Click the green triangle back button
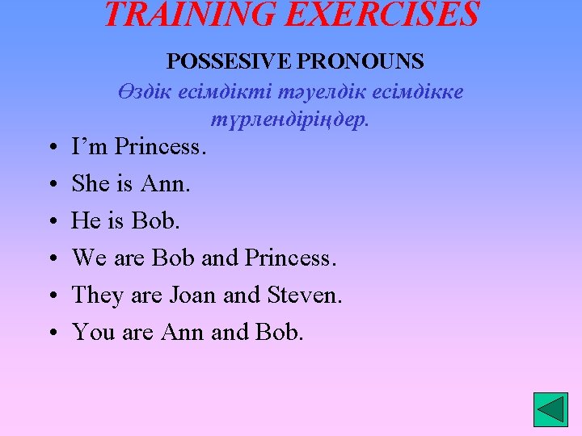coord(550,409)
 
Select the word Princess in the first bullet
coord(161,147)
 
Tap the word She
coord(91,184)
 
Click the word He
coord(86,220)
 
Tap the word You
coord(92,332)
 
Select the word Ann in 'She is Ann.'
coord(166,184)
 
